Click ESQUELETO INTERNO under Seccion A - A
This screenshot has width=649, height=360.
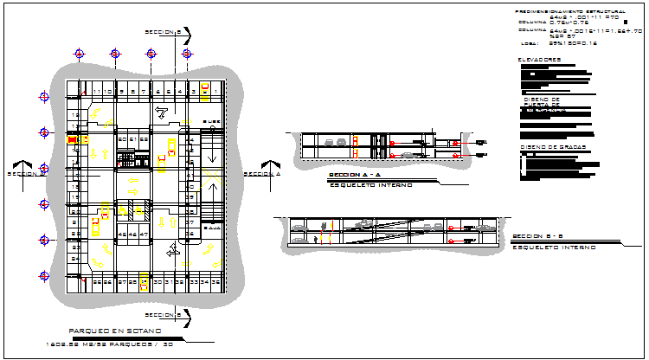370,185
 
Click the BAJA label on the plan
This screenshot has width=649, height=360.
210,228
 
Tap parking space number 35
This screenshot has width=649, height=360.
214,282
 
